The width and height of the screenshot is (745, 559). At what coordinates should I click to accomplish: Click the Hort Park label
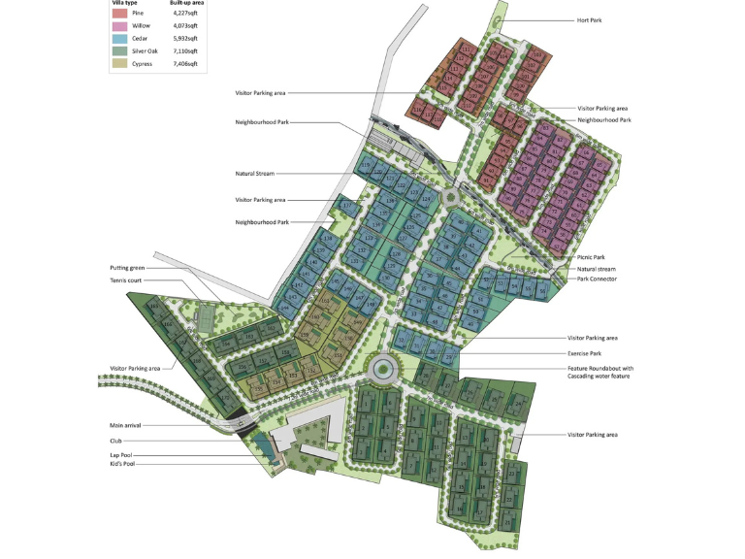pos(590,19)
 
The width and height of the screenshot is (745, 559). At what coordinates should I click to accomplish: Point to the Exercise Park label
pos(586,353)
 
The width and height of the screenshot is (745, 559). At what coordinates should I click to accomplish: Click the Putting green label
pos(129,267)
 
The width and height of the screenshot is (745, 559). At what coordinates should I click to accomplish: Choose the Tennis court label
pos(128,279)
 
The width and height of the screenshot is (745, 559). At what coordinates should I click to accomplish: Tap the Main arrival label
pos(128,425)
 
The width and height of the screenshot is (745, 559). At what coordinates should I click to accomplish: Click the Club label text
pos(115,440)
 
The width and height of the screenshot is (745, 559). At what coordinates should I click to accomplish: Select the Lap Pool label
pos(121,454)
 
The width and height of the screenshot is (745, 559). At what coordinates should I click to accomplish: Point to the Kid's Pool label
pos(123,464)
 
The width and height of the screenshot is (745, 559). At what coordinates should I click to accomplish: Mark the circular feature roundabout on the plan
pos(381,369)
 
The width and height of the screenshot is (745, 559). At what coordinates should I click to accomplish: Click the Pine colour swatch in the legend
pos(118,14)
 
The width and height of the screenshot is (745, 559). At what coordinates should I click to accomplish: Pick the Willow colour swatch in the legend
pos(118,25)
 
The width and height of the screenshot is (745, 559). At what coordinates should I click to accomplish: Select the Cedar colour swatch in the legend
pos(118,38)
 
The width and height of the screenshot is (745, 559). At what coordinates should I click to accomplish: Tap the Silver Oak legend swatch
pos(118,50)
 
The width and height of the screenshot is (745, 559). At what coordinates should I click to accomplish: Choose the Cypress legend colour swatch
pos(118,63)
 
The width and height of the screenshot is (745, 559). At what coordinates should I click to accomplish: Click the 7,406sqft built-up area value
pos(184,63)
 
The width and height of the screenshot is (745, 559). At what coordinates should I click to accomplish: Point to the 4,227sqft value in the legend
pos(184,14)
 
